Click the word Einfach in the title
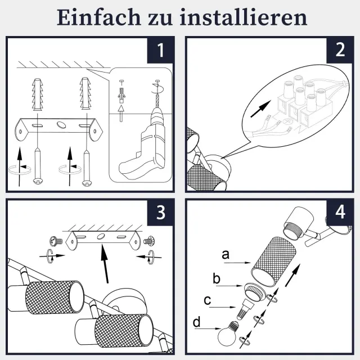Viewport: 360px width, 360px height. click(x=98, y=17)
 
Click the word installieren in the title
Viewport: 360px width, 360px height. click(x=244, y=17)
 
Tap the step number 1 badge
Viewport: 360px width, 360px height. click(x=160, y=50)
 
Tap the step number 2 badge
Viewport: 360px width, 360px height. click(x=340, y=50)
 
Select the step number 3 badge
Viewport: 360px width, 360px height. click(x=160, y=213)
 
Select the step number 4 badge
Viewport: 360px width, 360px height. click(x=340, y=213)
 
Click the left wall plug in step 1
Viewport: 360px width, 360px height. click(x=37, y=94)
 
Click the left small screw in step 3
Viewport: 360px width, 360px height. click(x=56, y=241)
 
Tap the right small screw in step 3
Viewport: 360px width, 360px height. click(x=149, y=241)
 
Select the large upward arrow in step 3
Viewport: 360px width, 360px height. click(x=105, y=263)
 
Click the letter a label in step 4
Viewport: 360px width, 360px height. click(x=226, y=255)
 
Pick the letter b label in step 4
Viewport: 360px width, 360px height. click(x=216, y=278)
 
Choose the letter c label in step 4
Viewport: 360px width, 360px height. click(x=208, y=300)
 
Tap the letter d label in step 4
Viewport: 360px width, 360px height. click(x=196, y=322)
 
